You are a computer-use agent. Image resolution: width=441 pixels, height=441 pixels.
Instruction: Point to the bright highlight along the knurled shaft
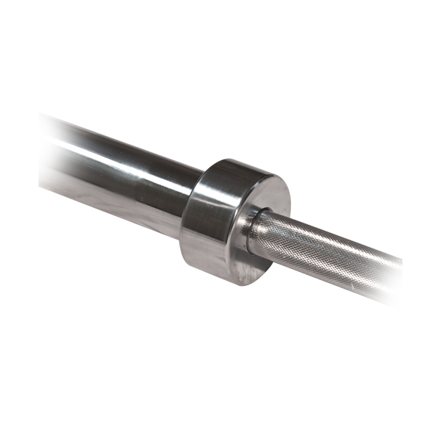coord(331,239)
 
